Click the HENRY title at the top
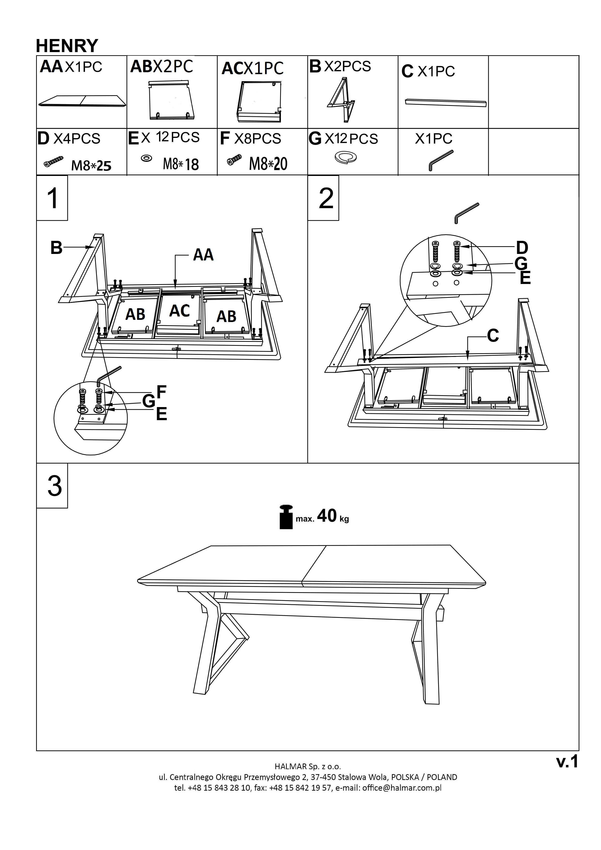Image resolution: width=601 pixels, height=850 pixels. pyautogui.click(x=67, y=46)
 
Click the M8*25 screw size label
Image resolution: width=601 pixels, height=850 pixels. pyautogui.click(x=91, y=166)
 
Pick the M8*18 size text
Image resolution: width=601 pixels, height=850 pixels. pyautogui.click(x=181, y=164)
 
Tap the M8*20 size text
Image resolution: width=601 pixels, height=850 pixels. pyautogui.click(x=268, y=164)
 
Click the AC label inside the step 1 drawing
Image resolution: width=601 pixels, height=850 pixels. pyautogui.click(x=180, y=311)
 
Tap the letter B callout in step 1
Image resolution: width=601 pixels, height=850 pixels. pyautogui.click(x=56, y=248)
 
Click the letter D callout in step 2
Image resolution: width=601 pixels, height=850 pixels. pyautogui.click(x=522, y=247)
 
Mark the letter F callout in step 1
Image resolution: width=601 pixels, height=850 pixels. pyautogui.click(x=161, y=392)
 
